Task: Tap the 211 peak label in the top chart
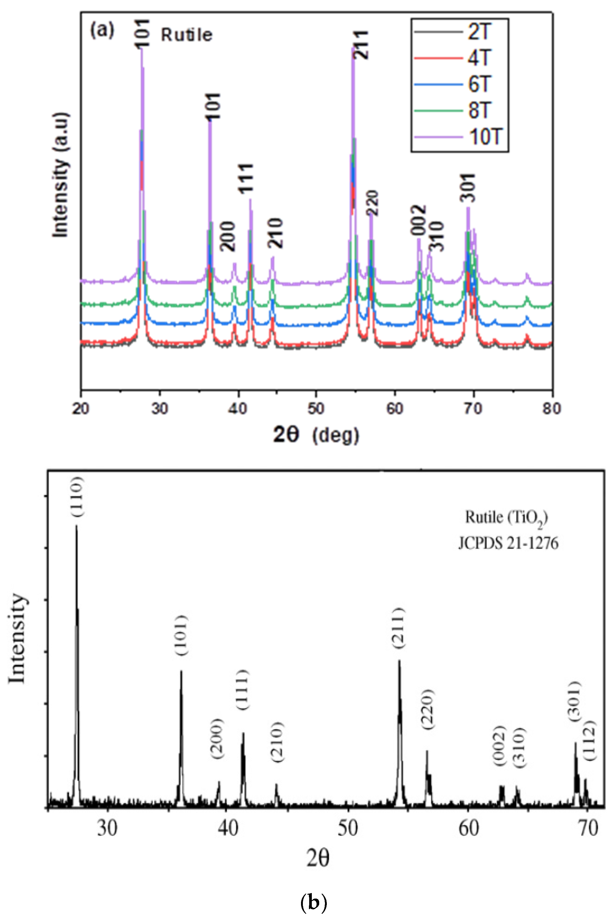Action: click(x=360, y=45)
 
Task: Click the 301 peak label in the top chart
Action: click(x=468, y=188)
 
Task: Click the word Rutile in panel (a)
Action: click(x=187, y=35)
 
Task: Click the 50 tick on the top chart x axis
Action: click(x=316, y=409)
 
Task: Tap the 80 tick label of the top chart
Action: click(x=552, y=409)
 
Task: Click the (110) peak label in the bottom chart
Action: click(x=77, y=497)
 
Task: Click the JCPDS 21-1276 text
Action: click(x=508, y=543)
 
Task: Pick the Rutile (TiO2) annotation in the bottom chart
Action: click(x=506, y=518)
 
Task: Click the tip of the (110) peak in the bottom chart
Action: click(x=76, y=526)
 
